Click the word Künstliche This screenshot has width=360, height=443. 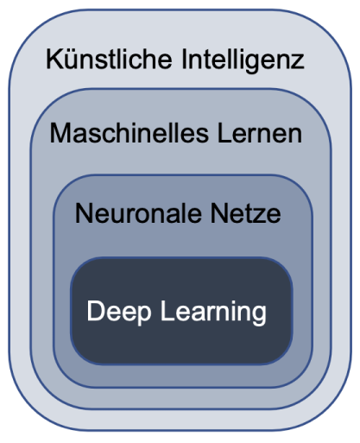pyautogui.click(x=109, y=59)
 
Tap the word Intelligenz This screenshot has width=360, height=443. pyautogui.click(x=243, y=61)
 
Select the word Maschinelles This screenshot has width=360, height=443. pyautogui.click(x=129, y=133)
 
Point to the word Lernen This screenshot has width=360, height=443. pyautogui.click(x=260, y=133)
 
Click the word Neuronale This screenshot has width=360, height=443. pyautogui.click(x=138, y=213)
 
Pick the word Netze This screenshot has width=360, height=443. pyautogui.click(x=245, y=213)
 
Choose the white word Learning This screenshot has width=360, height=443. pyautogui.click(x=213, y=313)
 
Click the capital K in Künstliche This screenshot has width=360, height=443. pyautogui.click(x=54, y=60)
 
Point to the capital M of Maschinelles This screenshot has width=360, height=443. pyautogui.click(x=60, y=133)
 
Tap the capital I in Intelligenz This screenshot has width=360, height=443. pyautogui.click(x=185, y=60)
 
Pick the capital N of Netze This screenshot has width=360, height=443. pyautogui.click(x=218, y=213)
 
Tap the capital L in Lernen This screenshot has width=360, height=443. pyautogui.click(x=224, y=133)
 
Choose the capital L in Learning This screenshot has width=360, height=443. pyautogui.click(x=167, y=310)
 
